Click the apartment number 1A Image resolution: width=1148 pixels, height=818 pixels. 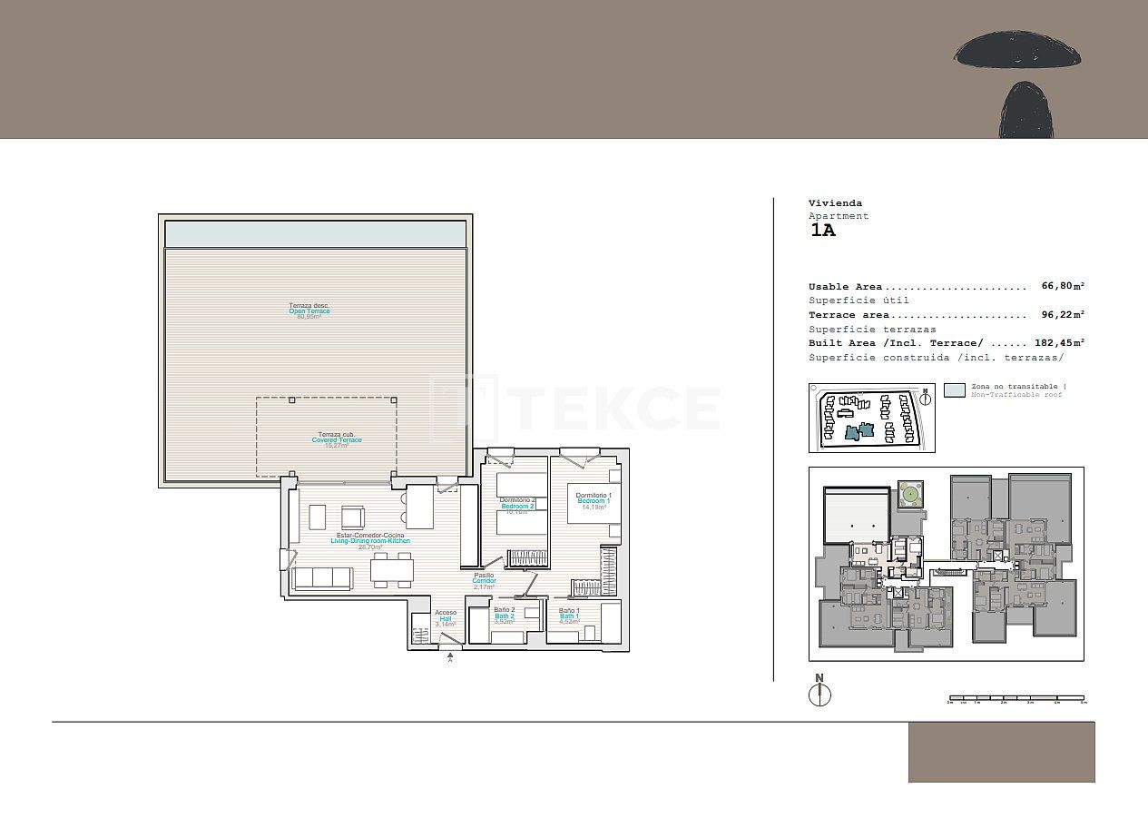click(822, 230)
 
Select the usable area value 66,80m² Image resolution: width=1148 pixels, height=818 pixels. click(1063, 286)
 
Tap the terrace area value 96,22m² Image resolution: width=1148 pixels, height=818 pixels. click(1063, 315)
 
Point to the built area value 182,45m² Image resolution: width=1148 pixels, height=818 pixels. click(1059, 343)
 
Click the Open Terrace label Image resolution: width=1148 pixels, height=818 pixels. click(309, 311)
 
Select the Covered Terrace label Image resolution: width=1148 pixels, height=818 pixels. click(337, 439)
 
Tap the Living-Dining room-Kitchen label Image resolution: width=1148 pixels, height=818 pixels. click(370, 541)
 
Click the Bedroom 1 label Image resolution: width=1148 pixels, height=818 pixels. click(594, 501)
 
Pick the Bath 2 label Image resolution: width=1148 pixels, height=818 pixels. click(505, 616)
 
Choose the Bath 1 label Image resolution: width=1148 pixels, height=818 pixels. click(569, 616)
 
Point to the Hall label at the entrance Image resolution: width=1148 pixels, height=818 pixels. click(446, 618)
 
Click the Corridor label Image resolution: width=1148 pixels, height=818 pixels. click(484, 581)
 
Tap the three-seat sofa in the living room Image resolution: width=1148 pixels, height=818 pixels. click(322, 578)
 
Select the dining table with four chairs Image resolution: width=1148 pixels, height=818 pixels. click(392, 570)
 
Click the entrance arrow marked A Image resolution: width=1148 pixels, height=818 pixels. click(450, 655)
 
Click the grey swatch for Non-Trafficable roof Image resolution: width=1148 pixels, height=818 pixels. click(954, 390)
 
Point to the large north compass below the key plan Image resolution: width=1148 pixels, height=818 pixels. click(819, 693)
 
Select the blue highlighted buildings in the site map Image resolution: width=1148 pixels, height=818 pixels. click(859, 430)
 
